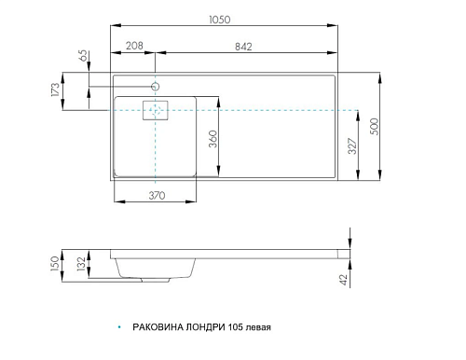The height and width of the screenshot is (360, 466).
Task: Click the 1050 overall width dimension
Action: click(x=220, y=20)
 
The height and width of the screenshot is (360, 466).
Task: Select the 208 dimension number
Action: click(x=134, y=46)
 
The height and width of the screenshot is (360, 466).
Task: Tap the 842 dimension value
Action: click(x=243, y=47)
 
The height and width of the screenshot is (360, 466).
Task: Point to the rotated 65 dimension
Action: click(x=84, y=55)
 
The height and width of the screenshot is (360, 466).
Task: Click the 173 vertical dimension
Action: click(x=55, y=90)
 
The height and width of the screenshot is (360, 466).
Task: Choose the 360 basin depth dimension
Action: click(x=212, y=139)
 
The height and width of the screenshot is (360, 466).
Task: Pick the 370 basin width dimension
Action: click(x=157, y=195)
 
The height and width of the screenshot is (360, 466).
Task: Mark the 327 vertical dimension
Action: click(x=352, y=145)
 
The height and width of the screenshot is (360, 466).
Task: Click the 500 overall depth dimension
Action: click(x=375, y=126)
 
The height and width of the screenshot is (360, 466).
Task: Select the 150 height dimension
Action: click(x=55, y=264)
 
